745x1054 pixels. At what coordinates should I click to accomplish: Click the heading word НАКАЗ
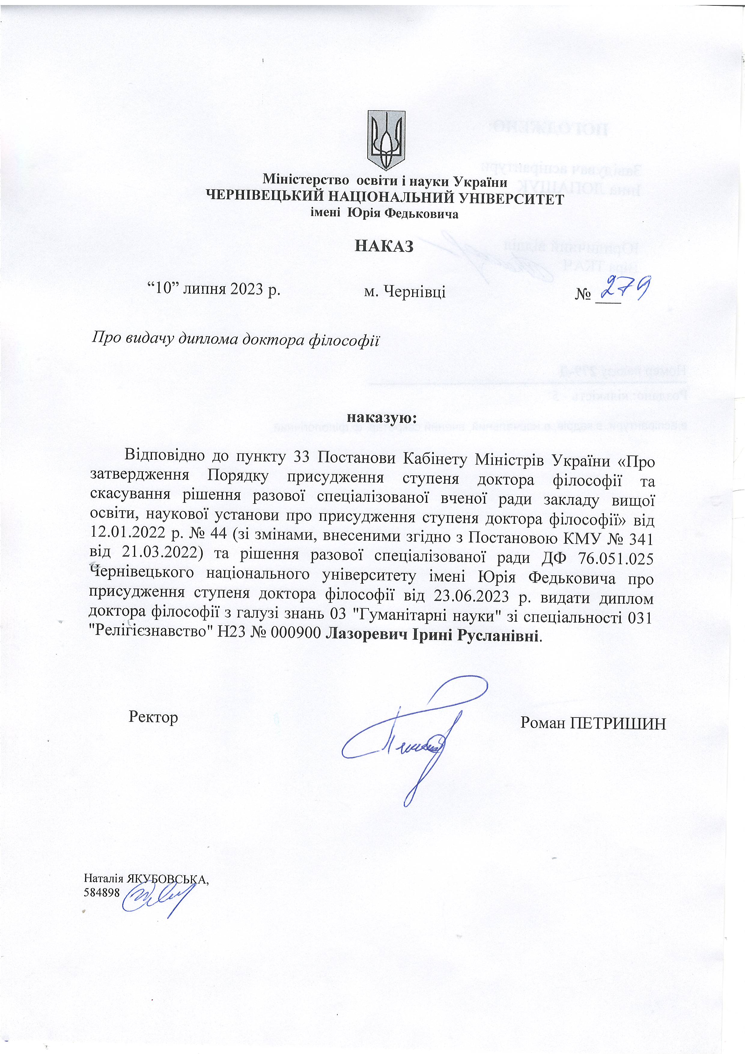(384, 246)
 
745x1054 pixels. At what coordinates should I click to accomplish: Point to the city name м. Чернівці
(404, 291)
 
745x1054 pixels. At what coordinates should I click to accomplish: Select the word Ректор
(153, 717)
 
